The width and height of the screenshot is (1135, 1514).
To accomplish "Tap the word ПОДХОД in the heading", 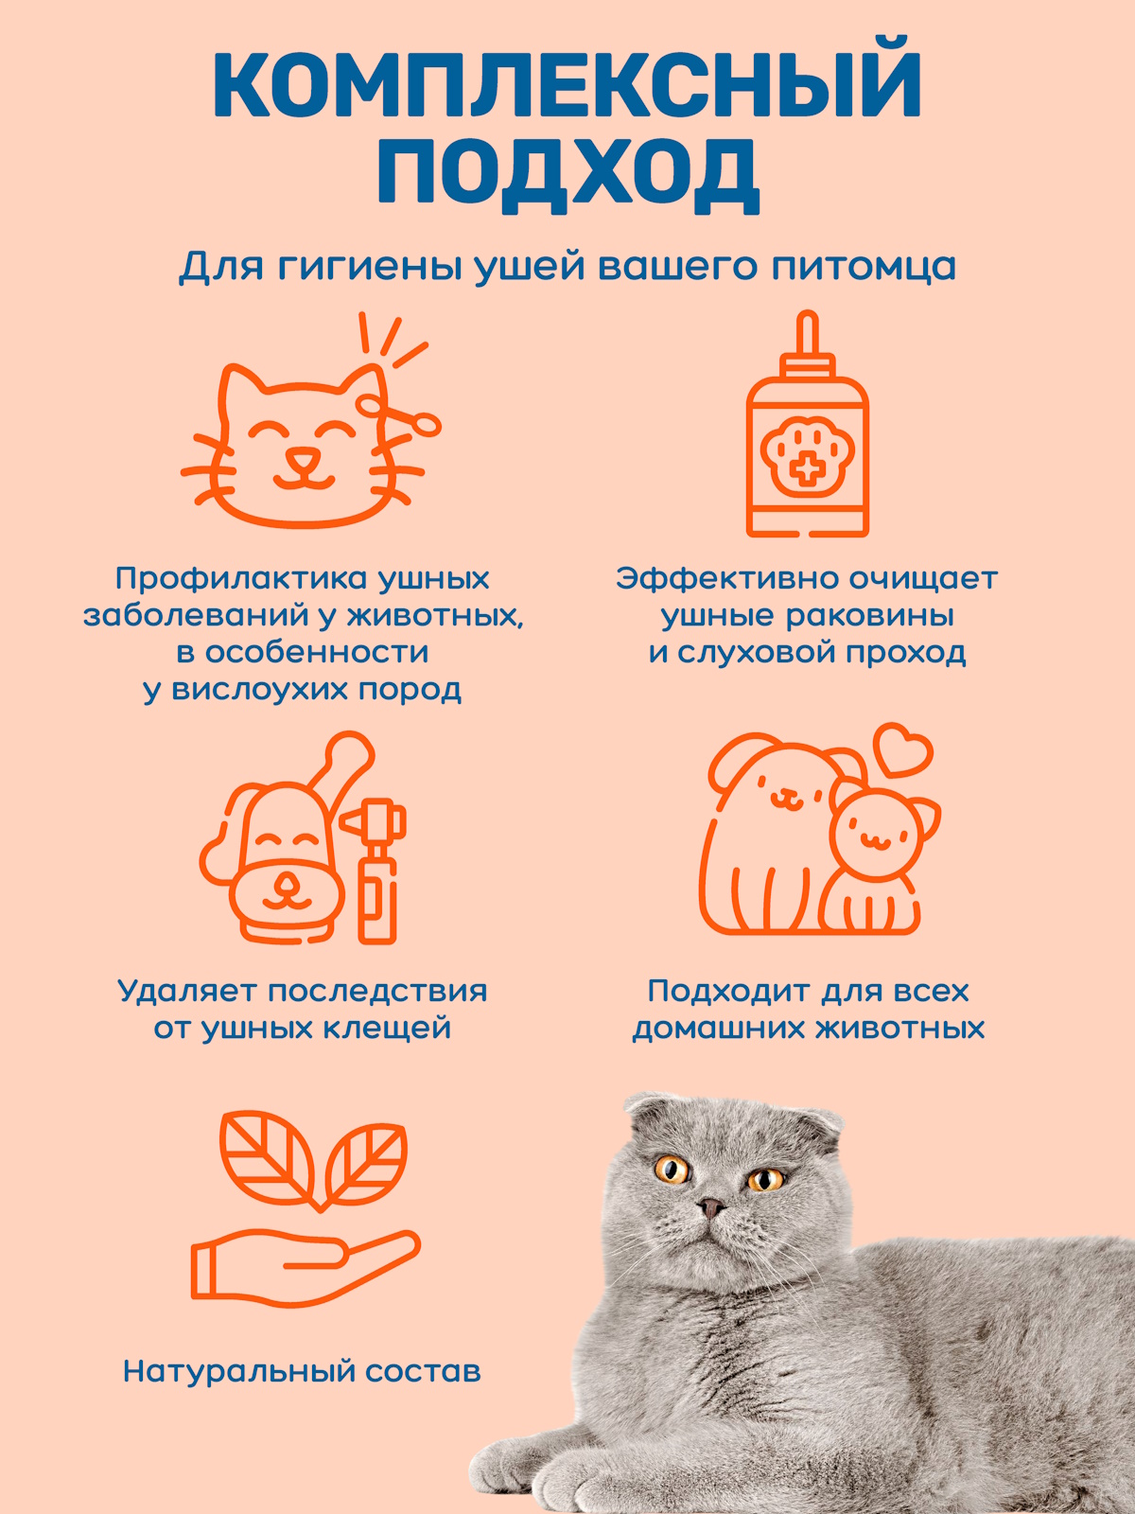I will click(567, 175).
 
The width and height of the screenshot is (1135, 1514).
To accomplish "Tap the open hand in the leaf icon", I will click(303, 1263).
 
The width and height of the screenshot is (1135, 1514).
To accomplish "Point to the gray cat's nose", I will click(710, 1207).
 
